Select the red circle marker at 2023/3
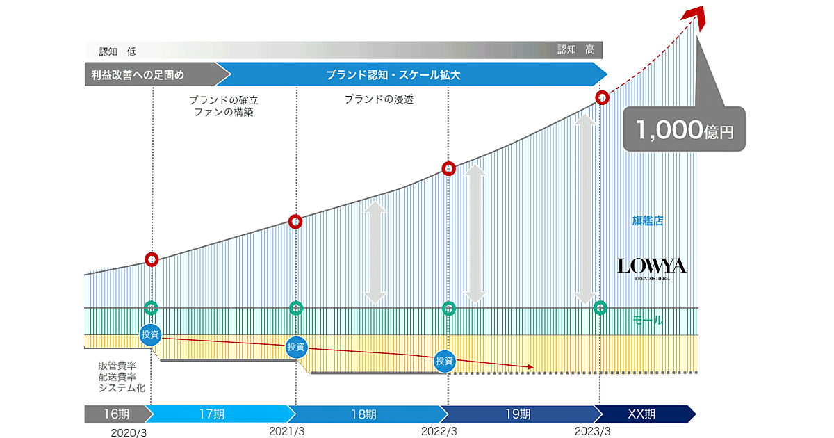tap(602, 97)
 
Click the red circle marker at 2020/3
tap(152, 260)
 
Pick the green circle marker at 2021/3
tap(296, 307)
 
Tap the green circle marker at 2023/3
tap(600, 307)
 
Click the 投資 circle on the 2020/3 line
tap(150, 334)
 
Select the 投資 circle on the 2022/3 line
tap(444, 360)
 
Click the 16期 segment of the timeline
tap(115, 414)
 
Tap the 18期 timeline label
tap(363, 414)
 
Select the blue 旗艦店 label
tap(647, 221)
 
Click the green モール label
tap(647, 321)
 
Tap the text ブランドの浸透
tap(379, 99)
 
